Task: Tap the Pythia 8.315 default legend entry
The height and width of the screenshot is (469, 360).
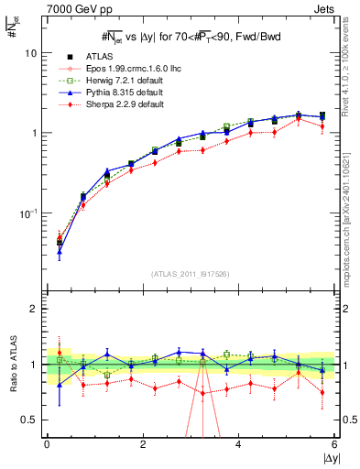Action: click(x=114, y=93)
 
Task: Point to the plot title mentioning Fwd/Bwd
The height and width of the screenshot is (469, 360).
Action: click(x=191, y=36)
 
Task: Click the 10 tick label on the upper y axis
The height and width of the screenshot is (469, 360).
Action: click(x=30, y=53)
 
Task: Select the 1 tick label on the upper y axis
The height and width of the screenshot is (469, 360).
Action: click(x=33, y=133)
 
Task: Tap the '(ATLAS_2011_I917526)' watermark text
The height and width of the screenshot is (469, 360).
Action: click(x=191, y=274)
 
